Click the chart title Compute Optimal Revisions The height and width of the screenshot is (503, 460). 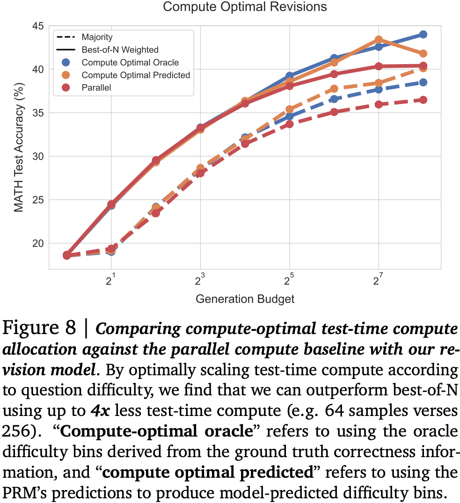[245, 7]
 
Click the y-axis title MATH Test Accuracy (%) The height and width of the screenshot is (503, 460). [18, 146]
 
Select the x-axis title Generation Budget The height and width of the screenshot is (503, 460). [245, 299]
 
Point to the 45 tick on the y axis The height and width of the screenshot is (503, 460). [38, 26]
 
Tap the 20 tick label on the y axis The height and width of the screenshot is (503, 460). [38, 243]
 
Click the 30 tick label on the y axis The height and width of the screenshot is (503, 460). [38, 156]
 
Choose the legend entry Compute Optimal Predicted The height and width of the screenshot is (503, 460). [136, 75]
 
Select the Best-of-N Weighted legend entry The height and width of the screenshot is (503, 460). [120, 50]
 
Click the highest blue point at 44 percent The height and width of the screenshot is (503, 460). [423, 34]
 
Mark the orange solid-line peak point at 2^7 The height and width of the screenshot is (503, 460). [379, 40]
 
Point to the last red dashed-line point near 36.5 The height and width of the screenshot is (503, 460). [423, 100]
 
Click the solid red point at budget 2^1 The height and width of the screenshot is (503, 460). [111, 204]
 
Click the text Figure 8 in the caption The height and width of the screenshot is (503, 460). [39, 329]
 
